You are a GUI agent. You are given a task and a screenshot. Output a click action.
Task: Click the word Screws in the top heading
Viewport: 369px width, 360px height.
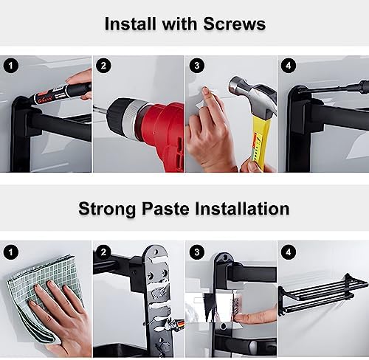pos(235,24)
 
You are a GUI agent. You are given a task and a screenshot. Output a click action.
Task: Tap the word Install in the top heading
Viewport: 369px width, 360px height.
pos(131,24)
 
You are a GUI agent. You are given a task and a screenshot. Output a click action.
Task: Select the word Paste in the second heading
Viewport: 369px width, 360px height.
pos(165,209)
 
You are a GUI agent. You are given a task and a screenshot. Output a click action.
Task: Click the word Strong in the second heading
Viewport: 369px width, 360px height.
pos(107,210)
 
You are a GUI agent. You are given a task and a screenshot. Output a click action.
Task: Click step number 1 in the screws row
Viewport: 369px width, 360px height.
pos(10,66)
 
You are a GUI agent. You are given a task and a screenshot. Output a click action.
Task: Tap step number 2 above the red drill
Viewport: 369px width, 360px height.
pos(103,66)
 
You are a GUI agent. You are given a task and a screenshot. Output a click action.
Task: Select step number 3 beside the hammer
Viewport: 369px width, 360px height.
pos(197,66)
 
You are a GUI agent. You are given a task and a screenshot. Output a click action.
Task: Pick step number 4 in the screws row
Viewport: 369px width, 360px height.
pos(289,66)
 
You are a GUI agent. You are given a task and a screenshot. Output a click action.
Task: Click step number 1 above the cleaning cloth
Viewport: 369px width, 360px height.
pos(10,252)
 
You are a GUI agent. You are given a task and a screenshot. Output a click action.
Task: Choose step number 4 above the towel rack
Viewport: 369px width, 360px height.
pos(289,252)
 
